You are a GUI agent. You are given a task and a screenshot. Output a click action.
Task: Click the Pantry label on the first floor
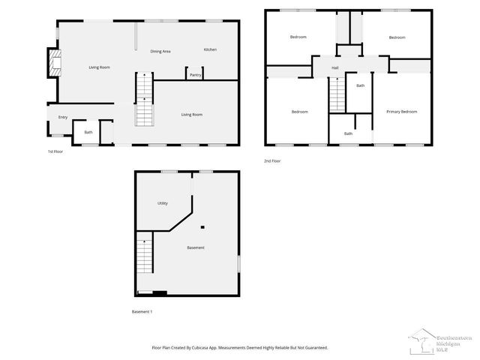coord(195,75)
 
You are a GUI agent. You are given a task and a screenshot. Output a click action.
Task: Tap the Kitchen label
coord(210,49)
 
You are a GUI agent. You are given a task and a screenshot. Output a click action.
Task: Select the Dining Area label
coord(160,51)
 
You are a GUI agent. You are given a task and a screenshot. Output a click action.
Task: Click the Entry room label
coord(63,117)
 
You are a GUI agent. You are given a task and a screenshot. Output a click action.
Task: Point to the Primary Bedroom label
coord(401,112)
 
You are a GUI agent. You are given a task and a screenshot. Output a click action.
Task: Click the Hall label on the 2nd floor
coord(335,68)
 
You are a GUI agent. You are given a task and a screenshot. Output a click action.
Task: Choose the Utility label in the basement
coord(162,203)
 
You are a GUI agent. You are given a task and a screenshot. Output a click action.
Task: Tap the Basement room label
coord(195,247)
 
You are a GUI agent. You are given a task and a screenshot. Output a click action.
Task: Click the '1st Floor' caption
coord(55,152)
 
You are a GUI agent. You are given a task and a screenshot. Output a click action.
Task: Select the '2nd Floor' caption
coord(272,160)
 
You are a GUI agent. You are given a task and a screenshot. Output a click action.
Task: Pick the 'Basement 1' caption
coord(142,311)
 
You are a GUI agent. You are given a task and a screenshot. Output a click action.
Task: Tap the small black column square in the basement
coord(202,226)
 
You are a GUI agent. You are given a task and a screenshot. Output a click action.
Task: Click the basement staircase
coord(144,255)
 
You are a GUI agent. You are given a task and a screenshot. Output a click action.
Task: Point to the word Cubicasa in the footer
coord(199,348)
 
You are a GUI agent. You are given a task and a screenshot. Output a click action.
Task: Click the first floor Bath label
coord(88,133)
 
